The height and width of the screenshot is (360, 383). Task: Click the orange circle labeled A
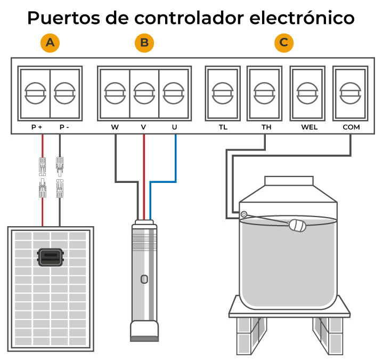click(x=51, y=43)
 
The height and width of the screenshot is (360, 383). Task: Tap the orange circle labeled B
click(x=143, y=43)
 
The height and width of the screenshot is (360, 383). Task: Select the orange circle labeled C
click(x=284, y=43)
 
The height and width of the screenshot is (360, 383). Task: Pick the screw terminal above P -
click(x=66, y=93)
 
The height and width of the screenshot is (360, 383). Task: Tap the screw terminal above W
click(x=114, y=93)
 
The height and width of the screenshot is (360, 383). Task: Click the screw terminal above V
click(x=144, y=93)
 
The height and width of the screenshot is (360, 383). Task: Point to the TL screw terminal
click(x=222, y=93)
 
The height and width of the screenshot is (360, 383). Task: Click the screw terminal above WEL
click(x=307, y=93)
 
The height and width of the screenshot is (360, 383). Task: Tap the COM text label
click(x=351, y=128)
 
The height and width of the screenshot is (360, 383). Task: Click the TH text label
click(x=266, y=128)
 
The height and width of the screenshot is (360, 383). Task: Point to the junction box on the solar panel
click(x=51, y=258)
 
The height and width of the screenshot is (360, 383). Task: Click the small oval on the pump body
click(x=144, y=279)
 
